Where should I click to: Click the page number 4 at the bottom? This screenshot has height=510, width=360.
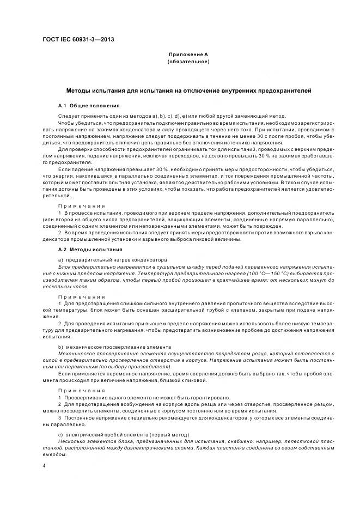pos(44,466)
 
